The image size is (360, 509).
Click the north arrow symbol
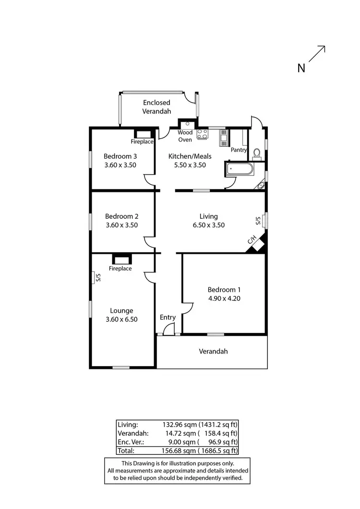[317, 54]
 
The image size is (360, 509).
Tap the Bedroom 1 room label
[224, 290]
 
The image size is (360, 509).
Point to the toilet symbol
[257, 154]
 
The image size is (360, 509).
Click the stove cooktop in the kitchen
[202, 134]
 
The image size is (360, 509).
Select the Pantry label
[239, 150]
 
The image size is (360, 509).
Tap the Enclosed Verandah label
[156, 107]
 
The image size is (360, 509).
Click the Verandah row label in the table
[132, 433]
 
